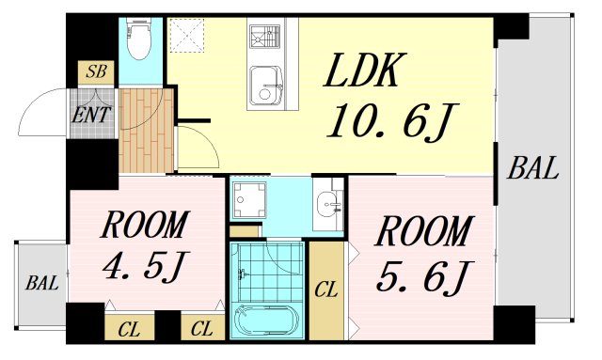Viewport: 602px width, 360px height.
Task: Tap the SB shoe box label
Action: point(96,71)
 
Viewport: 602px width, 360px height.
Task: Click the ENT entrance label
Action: point(91,115)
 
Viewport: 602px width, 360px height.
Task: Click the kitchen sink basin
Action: point(266,86)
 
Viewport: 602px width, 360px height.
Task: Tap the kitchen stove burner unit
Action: point(265,36)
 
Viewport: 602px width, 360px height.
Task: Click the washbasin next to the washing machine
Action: point(327,203)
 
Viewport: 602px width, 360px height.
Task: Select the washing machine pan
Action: point(248,199)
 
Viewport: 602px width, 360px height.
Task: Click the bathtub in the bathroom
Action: point(267,321)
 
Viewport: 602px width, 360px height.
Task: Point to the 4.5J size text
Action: point(145,266)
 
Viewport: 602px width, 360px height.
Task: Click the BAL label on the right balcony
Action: point(532,169)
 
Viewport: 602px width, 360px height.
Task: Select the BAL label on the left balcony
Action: point(42,284)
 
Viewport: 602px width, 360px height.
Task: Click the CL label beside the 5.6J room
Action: point(326,290)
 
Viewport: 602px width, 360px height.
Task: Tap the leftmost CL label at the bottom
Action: point(130,329)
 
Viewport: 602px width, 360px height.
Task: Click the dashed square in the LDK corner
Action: point(186,35)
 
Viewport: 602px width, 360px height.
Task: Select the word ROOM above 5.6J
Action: point(423,231)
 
